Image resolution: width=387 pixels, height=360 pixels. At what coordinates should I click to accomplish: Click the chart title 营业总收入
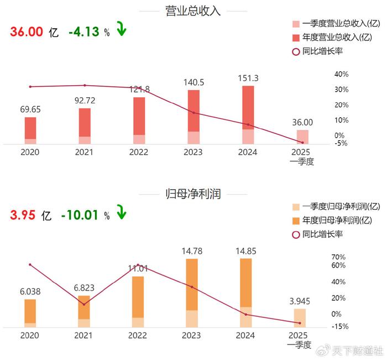(193, 11)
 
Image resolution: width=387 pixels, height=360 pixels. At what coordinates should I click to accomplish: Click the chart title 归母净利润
(193, 194)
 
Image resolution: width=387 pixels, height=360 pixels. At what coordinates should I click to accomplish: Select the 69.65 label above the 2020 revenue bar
(30, 109)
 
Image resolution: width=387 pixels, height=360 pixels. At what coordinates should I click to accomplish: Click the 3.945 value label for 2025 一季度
(301, 301)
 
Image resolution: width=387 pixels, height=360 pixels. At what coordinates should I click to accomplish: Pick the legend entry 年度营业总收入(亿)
(337, 38)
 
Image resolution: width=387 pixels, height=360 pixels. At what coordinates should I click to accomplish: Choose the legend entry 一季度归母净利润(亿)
(337, 206)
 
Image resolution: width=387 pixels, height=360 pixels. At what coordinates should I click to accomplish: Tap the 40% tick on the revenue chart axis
(342, 74)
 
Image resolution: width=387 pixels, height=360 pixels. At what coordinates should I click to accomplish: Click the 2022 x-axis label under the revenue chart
(139, 152)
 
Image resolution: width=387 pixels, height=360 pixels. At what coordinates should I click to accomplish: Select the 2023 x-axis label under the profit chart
(192, 335)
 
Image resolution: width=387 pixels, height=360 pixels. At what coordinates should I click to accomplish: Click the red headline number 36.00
(26, 32)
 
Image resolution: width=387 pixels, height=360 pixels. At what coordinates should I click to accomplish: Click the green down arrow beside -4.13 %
(121, 29)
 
